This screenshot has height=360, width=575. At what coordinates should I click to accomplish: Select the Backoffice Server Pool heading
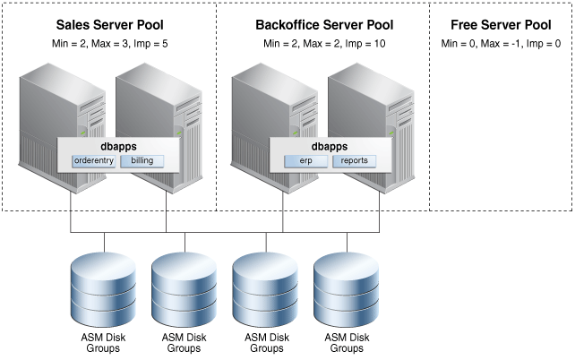[322, 24]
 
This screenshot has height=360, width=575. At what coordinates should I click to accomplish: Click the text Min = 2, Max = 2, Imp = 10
[322, 43]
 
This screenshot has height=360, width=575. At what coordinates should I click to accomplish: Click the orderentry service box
[95, 161]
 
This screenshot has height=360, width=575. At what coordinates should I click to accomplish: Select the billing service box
[142, 161]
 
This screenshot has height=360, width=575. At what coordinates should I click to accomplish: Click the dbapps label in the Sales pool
[119, 145]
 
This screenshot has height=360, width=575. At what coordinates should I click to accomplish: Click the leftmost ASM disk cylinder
[104, 286]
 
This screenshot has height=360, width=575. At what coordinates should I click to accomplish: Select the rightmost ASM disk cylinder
[346, 286]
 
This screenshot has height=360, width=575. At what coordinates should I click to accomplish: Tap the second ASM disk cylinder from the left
[185, 286]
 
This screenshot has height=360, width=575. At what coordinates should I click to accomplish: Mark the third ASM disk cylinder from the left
[265, 286]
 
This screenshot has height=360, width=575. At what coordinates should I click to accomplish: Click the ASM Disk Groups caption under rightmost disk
[347, 343]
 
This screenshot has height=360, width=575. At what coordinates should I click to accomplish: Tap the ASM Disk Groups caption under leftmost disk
[104, 343]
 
